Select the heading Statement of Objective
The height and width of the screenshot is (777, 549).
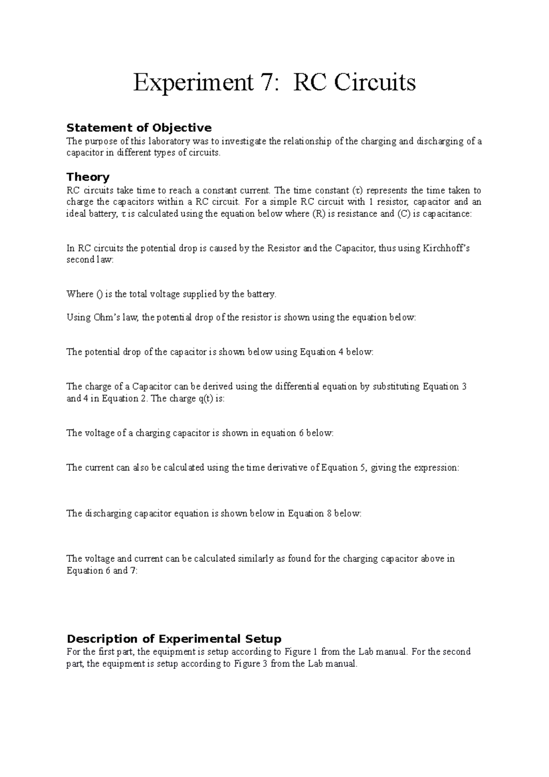(139, 127)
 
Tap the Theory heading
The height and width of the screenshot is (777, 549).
(88, 177)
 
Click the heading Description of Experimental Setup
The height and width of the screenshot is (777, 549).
(174, 638)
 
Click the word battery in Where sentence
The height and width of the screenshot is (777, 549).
(261, 294)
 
